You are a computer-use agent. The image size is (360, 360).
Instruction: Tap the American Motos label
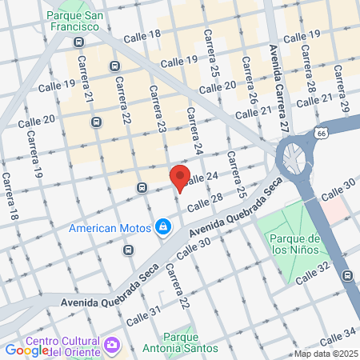110,228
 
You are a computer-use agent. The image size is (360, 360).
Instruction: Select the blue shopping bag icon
163,227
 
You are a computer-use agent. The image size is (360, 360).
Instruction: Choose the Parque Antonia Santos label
180,342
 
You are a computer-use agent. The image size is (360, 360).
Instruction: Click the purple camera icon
113,345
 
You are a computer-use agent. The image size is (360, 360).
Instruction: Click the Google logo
26,350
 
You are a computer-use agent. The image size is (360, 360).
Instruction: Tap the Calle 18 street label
144,34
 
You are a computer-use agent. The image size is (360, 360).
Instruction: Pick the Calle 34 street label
338,331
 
